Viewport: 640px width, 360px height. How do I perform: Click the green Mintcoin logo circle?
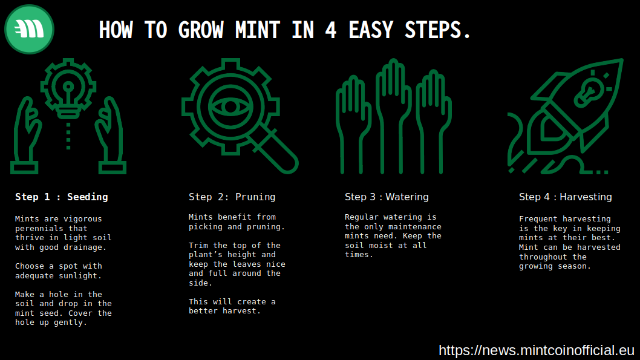(29, 30)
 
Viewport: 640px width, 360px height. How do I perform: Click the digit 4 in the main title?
(331, 30)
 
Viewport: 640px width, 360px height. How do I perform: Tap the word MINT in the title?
(257, 30)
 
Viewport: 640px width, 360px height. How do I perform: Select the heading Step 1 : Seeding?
(62, 197)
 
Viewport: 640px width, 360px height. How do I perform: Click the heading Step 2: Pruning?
(232, 197)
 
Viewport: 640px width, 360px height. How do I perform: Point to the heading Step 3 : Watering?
(387, 197)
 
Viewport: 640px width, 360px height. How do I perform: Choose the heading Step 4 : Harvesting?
(566, 197)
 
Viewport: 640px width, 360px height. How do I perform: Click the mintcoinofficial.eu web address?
(537, 350)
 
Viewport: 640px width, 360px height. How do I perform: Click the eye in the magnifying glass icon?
(230, 107)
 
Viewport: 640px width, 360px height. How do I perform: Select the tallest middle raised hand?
(393, 116)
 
